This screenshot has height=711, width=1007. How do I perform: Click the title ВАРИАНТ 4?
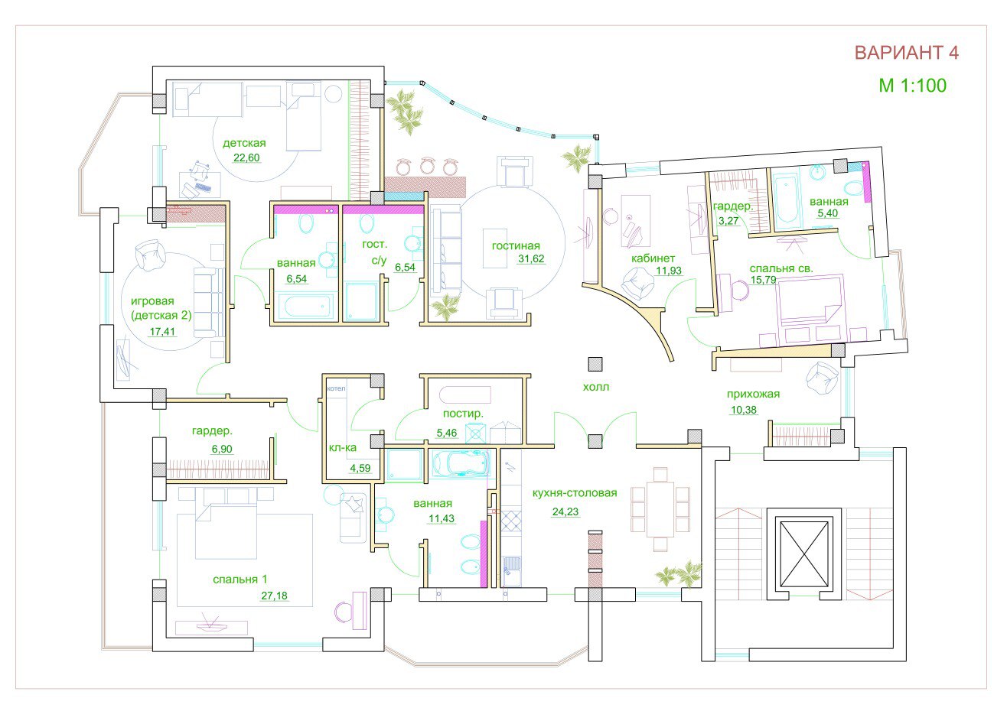click(x=906, y=53)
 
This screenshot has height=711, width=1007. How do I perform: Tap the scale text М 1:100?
click(x=913, y=86)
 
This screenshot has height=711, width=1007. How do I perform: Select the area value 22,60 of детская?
click(x=246, y=157)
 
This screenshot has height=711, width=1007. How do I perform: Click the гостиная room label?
click(x=516, y=245)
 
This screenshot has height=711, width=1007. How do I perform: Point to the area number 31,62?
click(x=531, y=259)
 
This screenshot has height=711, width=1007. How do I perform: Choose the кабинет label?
click(x=653, y=258)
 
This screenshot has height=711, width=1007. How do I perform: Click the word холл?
click(x=595, y=387)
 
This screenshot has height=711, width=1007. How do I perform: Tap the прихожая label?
click(x=753, y=394)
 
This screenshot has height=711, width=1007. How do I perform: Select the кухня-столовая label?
click(x=575, y=492)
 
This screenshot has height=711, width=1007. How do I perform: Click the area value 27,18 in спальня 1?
click(x=274, y=596)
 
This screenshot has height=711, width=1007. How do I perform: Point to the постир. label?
click(x=463, y=414)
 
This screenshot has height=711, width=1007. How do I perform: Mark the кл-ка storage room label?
click(x=343, y=447)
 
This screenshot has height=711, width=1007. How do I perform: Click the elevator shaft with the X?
click(x=803, y=554)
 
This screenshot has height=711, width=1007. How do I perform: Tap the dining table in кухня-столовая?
click(x=660, y=509)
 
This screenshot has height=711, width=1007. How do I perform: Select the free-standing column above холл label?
click(x=595, y=364)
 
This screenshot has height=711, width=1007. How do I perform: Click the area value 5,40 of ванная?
click(x=828, y=213)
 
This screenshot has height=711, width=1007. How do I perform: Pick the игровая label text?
click(x=152, y=301)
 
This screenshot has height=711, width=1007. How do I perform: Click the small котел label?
click(x=336, y=388)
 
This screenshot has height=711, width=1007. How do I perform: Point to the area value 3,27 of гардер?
click(x=728, y=220)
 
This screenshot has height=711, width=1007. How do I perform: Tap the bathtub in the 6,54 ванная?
click(x=305, y=306)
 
